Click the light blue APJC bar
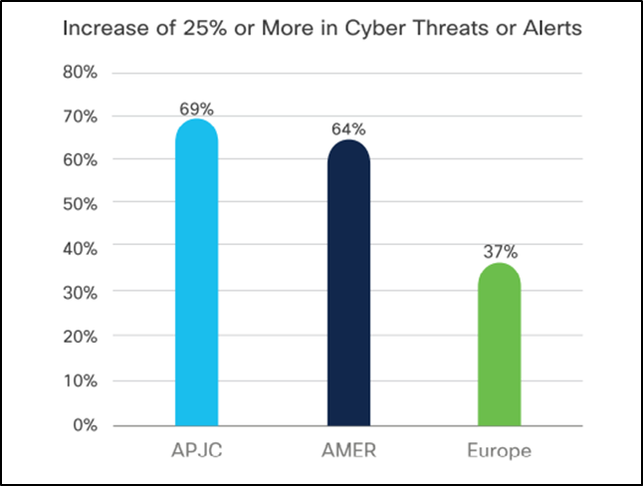[196, 274]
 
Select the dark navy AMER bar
[348, 284]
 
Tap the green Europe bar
[499, 345]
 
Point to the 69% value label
[196, 106]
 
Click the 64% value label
[348, 128]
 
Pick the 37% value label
[500, 250]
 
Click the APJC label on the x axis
[196, 450]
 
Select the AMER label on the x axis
[348, 450]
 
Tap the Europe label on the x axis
[499, 450]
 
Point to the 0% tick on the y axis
[83, 425]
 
